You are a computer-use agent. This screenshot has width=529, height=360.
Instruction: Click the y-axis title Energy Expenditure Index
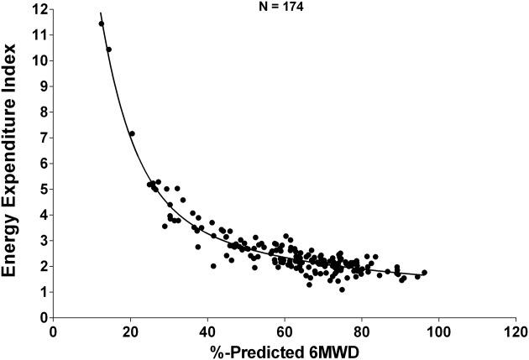13,159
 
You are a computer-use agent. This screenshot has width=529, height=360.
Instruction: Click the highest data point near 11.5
102,23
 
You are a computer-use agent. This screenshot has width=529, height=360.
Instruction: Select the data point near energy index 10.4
108,50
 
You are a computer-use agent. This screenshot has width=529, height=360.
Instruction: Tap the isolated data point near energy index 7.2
132,133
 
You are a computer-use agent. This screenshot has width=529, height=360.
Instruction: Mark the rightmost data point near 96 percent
424,273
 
